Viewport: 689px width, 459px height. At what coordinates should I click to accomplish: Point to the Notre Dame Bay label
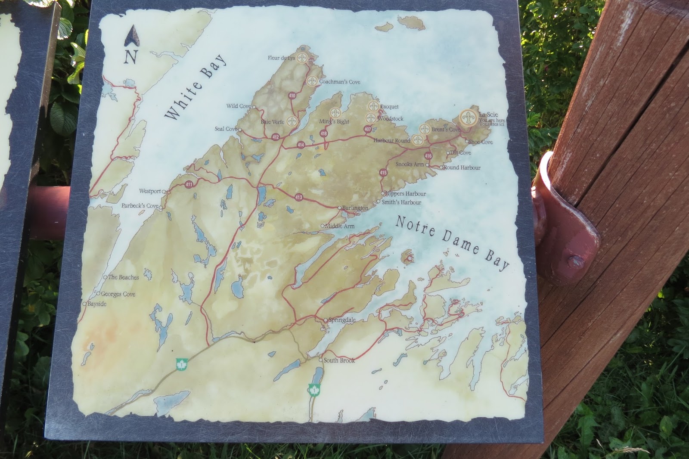[x=452, y=242]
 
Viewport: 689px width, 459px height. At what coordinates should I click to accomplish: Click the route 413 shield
[x=298, y=198]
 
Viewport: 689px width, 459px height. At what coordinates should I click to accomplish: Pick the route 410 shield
[x=292, y=96]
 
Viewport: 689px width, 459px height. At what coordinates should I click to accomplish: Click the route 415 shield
[x=383, y=173]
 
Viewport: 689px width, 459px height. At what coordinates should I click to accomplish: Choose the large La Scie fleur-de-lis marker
[x=468, y=118]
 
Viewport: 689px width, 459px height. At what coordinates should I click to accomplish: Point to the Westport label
[x=150, y=191]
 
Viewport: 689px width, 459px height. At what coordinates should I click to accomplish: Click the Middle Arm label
[x=340, y=226]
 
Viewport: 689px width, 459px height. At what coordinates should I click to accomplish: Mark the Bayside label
[x=96, y=304]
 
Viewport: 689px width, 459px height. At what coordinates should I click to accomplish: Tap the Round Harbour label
[x=462, y=167]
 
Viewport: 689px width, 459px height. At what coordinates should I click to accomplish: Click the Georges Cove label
[x=118, y=294]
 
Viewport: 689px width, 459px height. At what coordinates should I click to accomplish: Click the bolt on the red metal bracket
[x=574, y=261]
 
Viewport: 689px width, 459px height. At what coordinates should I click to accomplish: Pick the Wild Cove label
[x=238, y=106]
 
